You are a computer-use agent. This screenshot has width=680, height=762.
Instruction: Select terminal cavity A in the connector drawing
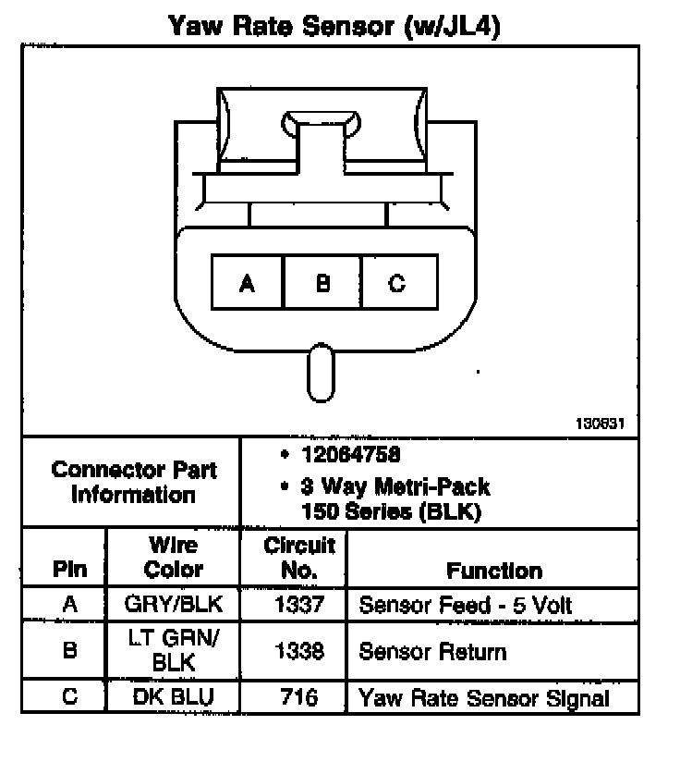(x=247, y=283)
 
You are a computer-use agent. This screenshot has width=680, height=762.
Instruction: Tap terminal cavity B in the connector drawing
(x=322, y=283)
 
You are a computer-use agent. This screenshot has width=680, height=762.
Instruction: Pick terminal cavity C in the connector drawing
(x=397, y=283)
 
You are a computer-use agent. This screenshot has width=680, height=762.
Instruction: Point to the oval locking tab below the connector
(x=320, y=371)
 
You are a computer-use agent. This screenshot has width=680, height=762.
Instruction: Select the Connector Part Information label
(x=134, y=482)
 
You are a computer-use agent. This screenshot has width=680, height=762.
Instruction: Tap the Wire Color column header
(x=173, y=558)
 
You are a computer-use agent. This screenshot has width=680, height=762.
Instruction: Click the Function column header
(x=494, y=571)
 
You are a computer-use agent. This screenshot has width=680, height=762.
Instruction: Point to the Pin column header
(x=69, y=571)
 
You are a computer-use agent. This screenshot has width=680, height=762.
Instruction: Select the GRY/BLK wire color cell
(x=173, y=606)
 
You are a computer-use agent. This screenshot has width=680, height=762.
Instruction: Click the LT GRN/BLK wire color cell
(x=173, y=651)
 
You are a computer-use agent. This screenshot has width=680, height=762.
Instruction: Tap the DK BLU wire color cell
(x=173, y=696)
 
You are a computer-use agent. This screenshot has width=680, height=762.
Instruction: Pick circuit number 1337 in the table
(x=298, y=606)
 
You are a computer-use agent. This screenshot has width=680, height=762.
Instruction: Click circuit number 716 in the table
(x=298, y=696)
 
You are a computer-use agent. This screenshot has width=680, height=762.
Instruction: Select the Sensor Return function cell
(x=432, y=651)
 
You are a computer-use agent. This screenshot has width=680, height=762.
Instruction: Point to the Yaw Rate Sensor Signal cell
(x=484, y=697)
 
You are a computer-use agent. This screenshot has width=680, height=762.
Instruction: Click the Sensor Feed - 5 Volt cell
(x=465, y=606)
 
